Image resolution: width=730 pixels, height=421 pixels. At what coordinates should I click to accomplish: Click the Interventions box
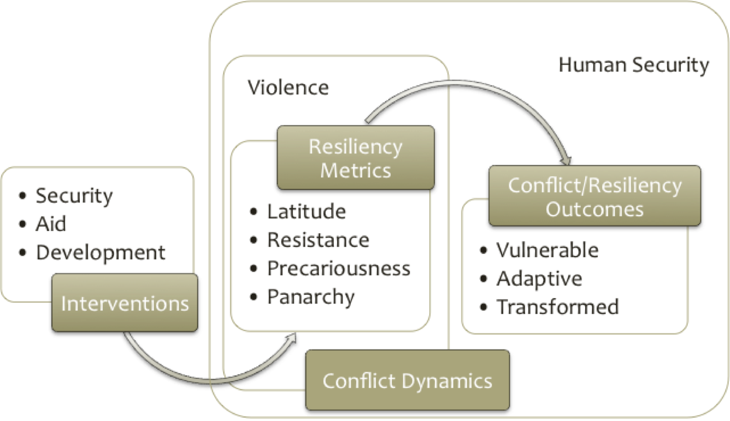pos(125,303)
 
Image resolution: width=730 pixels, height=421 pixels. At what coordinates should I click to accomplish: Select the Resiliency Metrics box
pos(355,158)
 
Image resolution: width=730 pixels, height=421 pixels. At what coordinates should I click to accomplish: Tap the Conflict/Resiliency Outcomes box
pos(594,197)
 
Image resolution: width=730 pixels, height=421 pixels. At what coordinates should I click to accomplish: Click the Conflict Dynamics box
pos(407,380)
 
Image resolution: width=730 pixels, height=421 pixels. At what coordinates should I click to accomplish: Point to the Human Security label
pos(634,66)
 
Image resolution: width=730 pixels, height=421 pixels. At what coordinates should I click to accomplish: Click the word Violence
pos(289,87)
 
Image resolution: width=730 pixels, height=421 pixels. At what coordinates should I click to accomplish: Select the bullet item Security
pos(74,195)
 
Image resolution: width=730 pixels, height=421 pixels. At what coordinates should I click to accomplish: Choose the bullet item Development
pos(101,252)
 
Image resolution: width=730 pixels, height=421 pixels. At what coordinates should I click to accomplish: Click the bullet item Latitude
pos(306,211)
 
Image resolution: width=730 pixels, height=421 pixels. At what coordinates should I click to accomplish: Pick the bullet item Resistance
pos(318,240)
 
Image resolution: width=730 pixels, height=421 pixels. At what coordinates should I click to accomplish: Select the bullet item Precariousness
pos(338,268)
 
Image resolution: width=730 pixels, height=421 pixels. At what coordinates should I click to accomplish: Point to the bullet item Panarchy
pos(310,297)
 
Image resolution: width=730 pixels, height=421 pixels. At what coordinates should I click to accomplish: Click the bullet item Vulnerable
pos(547,250)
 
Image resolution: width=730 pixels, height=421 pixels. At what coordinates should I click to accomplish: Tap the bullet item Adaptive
pos(539,278)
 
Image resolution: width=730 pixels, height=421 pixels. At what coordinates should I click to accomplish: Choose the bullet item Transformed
pos(557,307)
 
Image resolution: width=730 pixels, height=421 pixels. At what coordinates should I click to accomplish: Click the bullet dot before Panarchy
pos(253,297)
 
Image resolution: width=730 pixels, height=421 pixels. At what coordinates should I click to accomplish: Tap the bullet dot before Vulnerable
pos(483,251)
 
